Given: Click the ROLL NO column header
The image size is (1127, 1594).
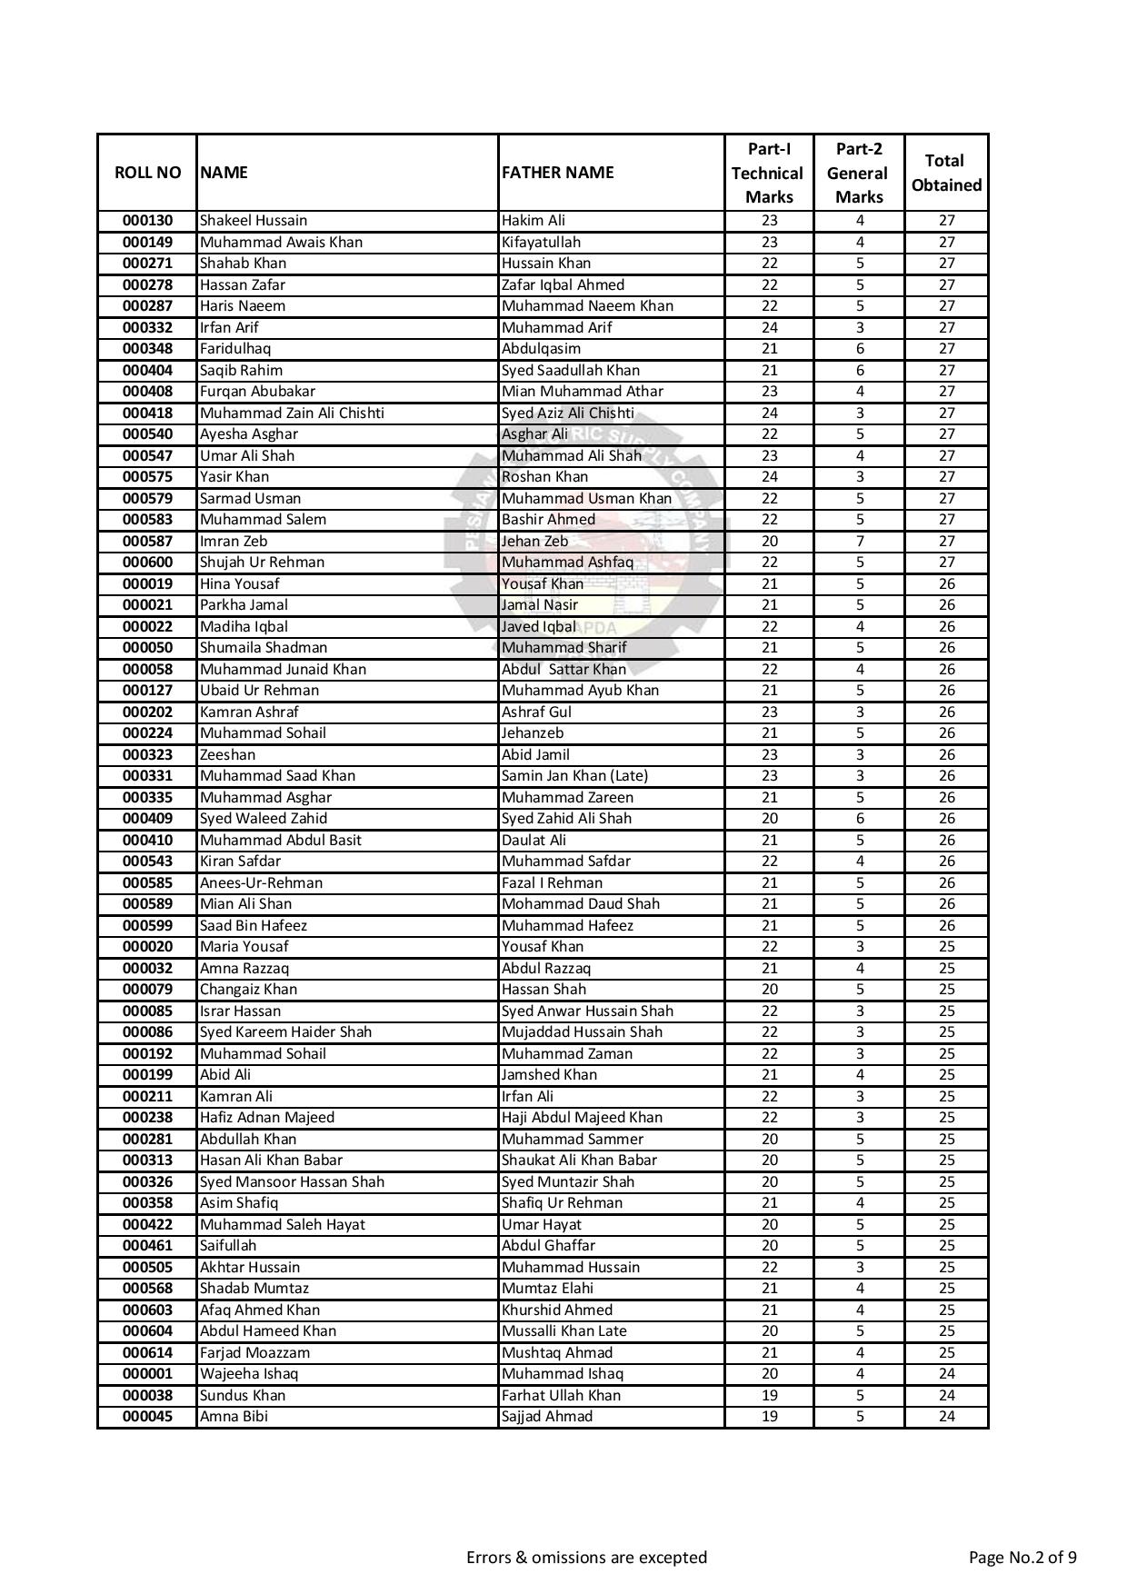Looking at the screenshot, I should [x=147, y=173].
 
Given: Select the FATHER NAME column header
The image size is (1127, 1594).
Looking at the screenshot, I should [x=558, y=173].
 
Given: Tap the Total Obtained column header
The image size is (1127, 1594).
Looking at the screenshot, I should [x=946, y=173].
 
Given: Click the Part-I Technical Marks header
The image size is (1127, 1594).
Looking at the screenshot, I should [x=768, y=173].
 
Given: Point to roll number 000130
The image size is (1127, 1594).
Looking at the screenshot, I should [x=147, y=221].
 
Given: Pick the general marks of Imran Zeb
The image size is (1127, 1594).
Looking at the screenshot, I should [x=859, y=541].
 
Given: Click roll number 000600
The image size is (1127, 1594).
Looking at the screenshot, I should [x=147, y=563].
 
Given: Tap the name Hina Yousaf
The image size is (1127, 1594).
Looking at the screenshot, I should [x=240, y=583].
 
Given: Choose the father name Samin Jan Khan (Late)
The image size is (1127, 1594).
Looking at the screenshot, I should [x=575, y=776].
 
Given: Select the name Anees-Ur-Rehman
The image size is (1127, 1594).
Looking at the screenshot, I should [x=261, y=882].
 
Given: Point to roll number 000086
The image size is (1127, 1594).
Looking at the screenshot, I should [x=147, y=1032].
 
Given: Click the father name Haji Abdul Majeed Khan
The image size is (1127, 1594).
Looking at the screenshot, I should [x=583, y=1118].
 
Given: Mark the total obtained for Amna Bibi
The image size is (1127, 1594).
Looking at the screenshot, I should [x=946, y=1417].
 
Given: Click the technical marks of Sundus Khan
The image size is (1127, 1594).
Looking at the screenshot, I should [x=769, y=1395].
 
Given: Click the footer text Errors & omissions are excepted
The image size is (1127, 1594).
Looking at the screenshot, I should [x=586, y=1558].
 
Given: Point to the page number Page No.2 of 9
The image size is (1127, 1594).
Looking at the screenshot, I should [x=1022, y=1558].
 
